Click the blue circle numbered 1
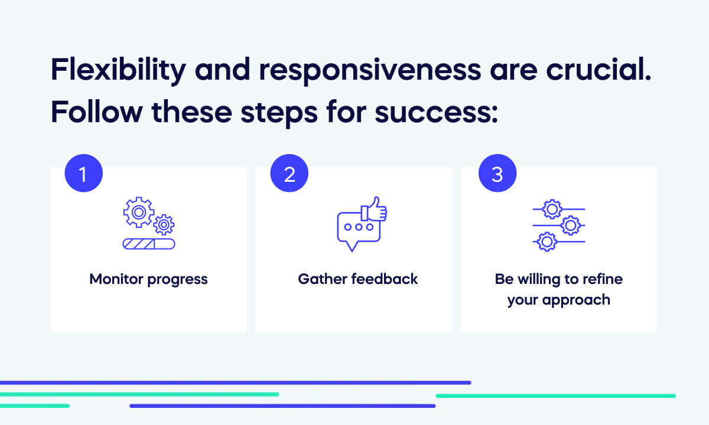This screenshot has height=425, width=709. (83, 175)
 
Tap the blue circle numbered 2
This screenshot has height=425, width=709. (289, 175)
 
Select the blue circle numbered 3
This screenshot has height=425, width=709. (497, 175)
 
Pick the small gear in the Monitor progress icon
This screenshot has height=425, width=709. (164, 225)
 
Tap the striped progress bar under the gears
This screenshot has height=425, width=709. (148, 244)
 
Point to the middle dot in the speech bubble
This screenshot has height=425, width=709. (359, 227)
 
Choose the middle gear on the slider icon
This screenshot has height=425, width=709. (570, 225)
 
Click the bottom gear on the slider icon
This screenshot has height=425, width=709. (548, 241)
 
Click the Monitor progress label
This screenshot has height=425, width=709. (148, 279)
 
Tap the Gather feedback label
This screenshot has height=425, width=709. (357, 279)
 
